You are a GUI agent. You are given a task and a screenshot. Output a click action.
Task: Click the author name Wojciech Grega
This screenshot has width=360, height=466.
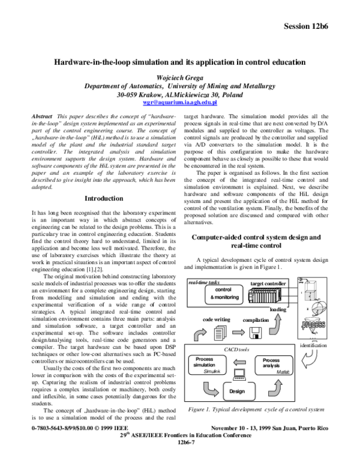179,78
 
